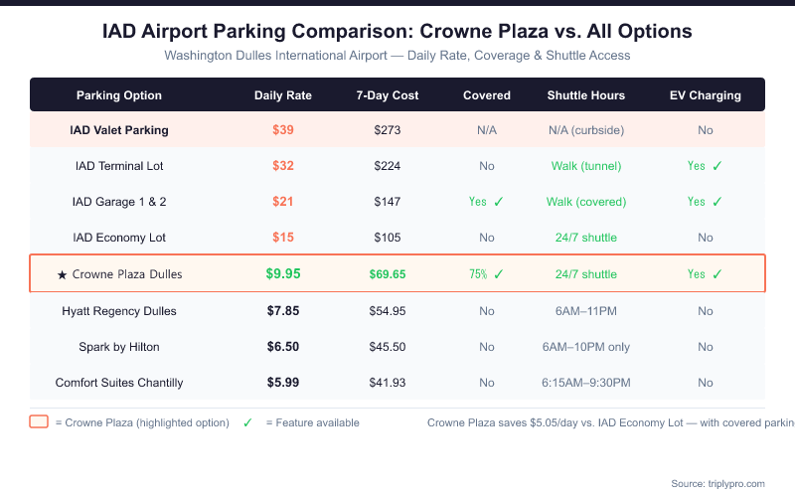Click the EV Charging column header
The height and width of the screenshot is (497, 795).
(705, 95)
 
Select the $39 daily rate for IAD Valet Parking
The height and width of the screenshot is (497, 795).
(283, 130)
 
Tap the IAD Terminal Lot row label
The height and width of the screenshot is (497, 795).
(119, 166)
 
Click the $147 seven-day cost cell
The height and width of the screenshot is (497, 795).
(388, 202)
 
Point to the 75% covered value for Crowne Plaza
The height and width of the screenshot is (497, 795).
(478, 274)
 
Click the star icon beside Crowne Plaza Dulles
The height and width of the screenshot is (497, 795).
(63, 274)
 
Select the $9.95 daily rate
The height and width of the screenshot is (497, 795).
(283, 274)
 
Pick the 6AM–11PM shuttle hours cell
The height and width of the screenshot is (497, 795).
(586, 311)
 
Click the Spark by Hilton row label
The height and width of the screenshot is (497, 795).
(119, 347)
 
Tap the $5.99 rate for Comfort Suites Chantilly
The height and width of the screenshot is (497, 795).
(283, 383)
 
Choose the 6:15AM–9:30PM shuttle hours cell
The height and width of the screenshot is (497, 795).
(586, 383)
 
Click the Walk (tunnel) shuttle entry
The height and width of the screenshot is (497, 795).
(586, 166)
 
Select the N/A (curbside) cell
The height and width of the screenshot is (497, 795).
(586, 130)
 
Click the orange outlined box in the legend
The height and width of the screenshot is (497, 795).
(39, 422)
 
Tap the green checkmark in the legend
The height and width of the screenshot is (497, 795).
(247, 422)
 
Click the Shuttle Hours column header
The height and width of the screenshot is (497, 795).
(586, 95)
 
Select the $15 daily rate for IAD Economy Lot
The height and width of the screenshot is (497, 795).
(283, 238)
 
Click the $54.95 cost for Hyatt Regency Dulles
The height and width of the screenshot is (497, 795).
(388, 311)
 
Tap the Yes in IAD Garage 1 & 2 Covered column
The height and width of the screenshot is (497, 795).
(478, 202)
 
